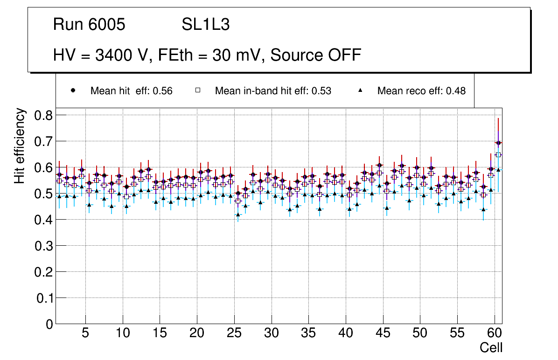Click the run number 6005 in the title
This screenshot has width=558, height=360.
(x=107, y=25)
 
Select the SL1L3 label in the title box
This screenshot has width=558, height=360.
(x=205, y=25)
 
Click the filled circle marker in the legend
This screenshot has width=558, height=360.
(x=73, y=90)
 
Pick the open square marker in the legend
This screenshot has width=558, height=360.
(x=198, y=90)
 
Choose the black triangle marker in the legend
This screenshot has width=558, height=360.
(x=360, y=90)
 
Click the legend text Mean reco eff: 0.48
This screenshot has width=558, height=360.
(x=421, y=91)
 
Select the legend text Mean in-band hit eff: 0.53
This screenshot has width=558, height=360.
(x=273, y=91)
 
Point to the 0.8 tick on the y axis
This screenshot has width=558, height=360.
(x=44, y=115)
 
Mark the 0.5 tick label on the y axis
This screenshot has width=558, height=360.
(x=44, y=194)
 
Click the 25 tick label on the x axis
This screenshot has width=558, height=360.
(x=234, y=333)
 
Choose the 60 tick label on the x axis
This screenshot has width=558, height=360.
(x=495, y=333)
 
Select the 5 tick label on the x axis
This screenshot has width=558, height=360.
(x=85, y=333)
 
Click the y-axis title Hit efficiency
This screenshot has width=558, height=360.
(x=20, y=145)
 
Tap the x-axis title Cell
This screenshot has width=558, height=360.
(x=491, y=347)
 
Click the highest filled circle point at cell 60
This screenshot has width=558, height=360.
(x=498, y=143)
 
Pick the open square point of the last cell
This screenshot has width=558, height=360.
(x=498, y=155)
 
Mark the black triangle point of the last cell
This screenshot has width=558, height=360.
(x=498, y=170)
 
